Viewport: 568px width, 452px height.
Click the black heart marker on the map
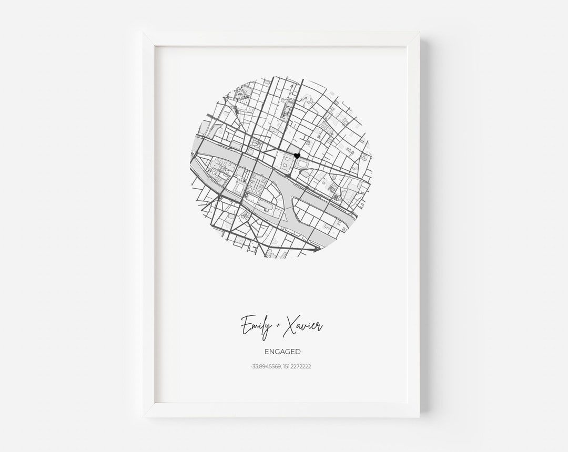click(x=297, y=156)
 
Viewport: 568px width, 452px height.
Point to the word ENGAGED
click(x=283, y=352)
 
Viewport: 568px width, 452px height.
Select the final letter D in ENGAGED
click(x=298, y=352)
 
